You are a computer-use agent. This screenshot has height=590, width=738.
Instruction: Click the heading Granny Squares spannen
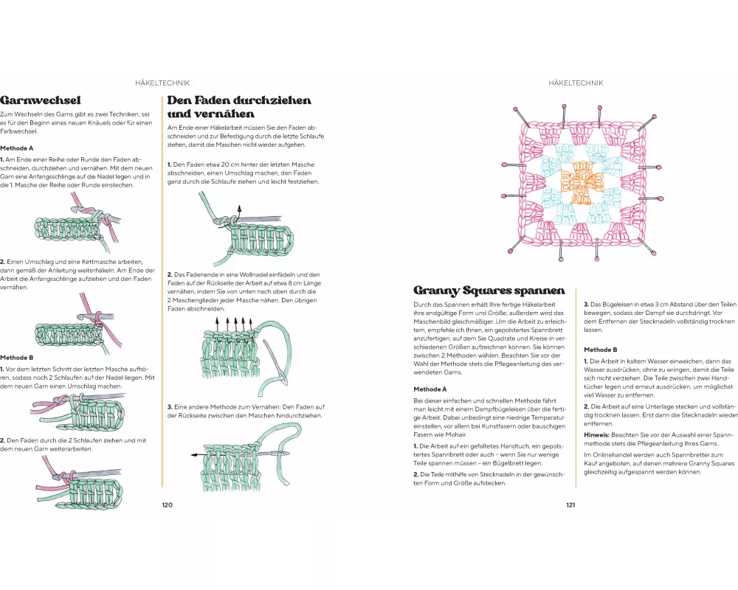click(x=489, y=291)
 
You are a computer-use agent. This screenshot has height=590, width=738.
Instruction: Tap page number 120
click(x=167, y=505)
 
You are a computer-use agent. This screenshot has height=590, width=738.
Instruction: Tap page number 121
click(x=570, y=505)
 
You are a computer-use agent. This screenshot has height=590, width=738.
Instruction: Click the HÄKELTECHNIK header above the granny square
click(x=576, y=83)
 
